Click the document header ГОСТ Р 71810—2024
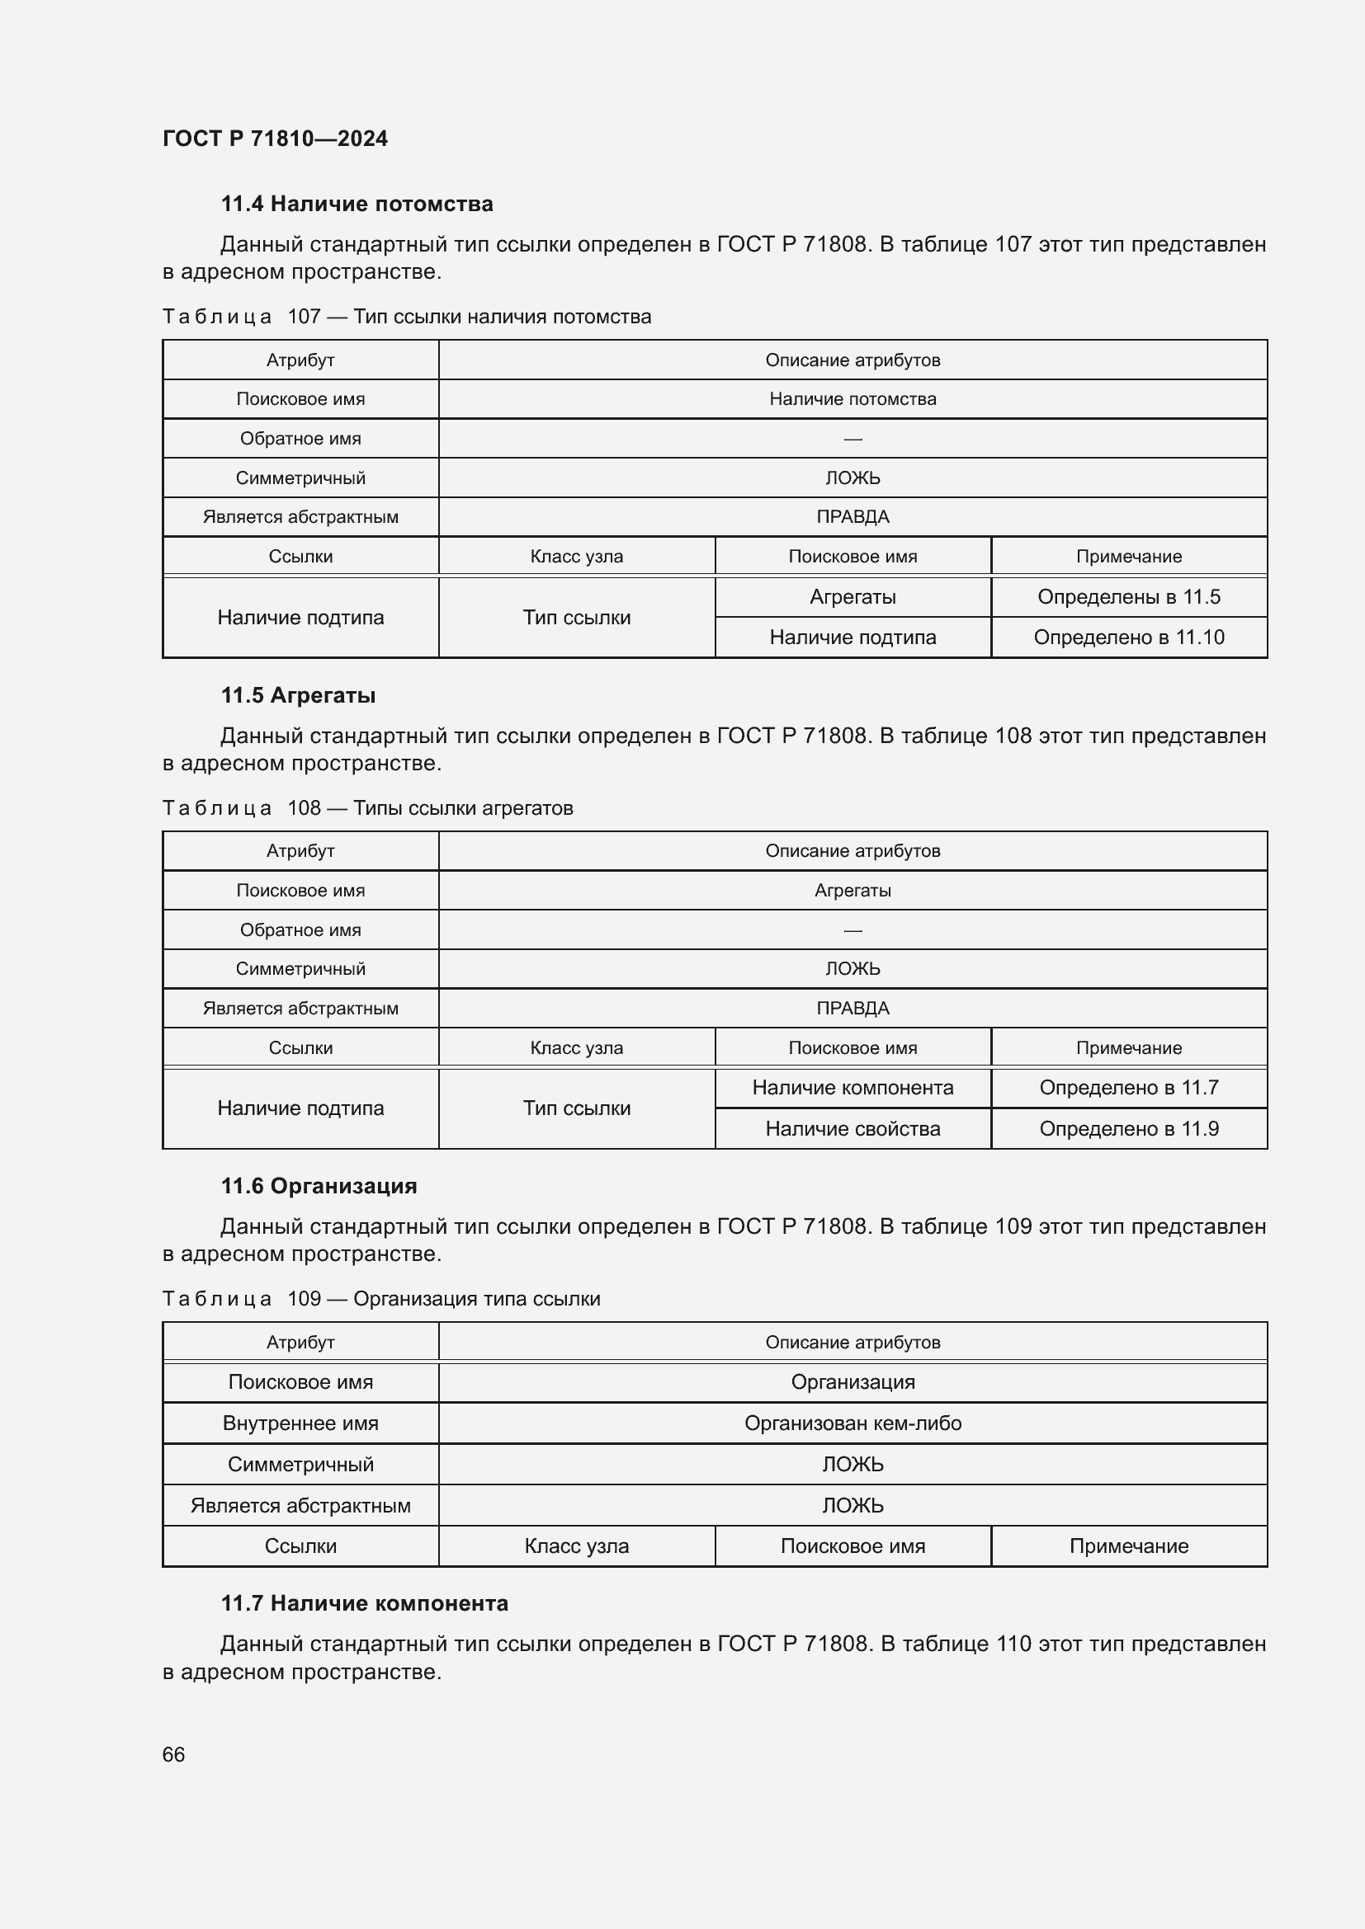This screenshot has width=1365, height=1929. point(275,139)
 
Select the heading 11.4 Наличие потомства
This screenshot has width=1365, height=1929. point(357,205)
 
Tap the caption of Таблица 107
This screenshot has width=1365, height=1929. point(407,317)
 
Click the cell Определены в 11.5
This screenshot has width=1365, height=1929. point(1128,596)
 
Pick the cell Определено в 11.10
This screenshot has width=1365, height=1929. point(1128,637)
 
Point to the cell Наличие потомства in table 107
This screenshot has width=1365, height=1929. point(853,399)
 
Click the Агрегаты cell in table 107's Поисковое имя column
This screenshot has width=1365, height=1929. point(853,596)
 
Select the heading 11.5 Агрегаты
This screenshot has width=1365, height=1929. point(298,696)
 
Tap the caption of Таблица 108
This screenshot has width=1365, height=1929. point(367,808)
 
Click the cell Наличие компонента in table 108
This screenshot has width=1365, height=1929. point(853,1087)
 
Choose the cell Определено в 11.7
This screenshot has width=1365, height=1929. point(1128,1087)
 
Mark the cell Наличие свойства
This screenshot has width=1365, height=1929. point(853,1128)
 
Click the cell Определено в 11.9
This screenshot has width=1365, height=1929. point(1128,1128)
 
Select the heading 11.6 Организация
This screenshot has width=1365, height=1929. point(319,1186)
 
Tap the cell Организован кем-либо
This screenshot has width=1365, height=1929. point(853,1423)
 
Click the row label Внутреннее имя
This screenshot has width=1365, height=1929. point(300,1423)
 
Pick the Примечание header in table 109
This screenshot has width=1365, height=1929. point(1128,1546)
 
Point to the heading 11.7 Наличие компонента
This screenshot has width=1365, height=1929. point(364,1603)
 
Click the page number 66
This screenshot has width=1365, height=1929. point(173,1754)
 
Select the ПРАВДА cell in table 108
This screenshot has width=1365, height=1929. point(853,1008)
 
